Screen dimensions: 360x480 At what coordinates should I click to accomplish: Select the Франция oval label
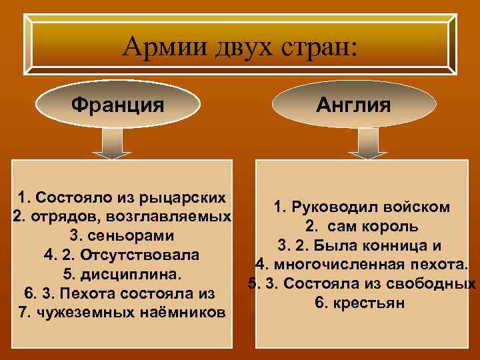click(x=118, y=105)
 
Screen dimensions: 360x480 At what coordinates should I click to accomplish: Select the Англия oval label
click(x=362, y=105)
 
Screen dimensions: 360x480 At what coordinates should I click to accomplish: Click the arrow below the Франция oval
click(x=117, y=144)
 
